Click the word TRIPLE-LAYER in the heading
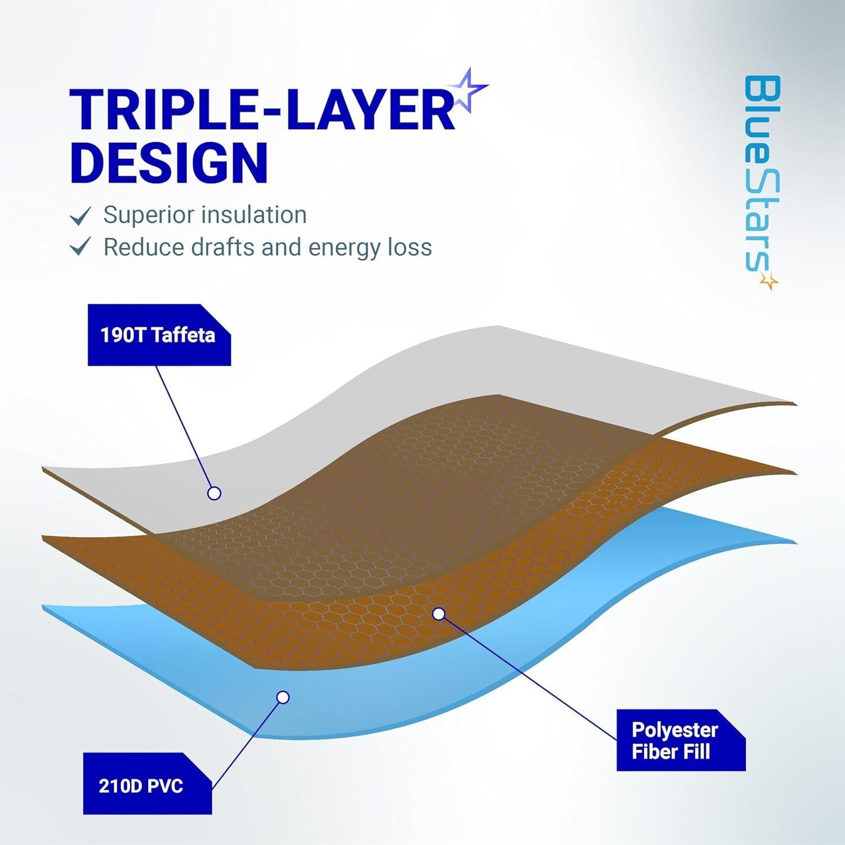coord(262,109)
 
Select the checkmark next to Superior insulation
coord(80,216)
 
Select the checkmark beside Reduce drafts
coord(80,248)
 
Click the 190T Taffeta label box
coord(159,335)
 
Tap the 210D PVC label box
coord(148,784)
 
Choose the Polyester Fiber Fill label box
coord(681,740)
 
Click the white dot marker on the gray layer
coord(214,493)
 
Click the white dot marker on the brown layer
coord(438,613)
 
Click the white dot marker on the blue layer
coord(283,697)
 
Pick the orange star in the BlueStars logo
coord(768,279)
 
